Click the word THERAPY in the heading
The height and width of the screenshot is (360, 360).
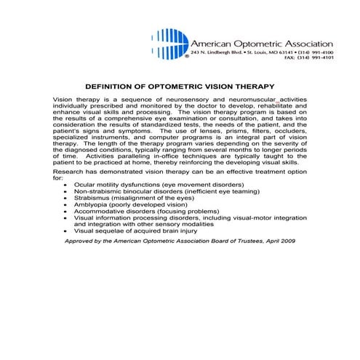coord(250,84)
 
